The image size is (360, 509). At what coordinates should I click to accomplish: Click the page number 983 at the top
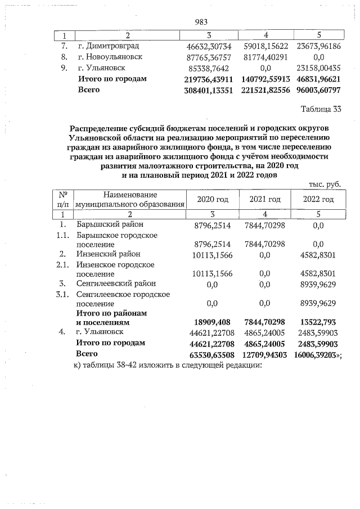pos(201,22)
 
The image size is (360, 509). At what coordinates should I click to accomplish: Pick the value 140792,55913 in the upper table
pos(263,79)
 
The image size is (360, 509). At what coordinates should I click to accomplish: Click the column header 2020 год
pos(212,200)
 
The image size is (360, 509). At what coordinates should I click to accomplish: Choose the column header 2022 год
pos(318,200)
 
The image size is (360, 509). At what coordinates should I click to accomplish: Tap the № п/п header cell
pos(66,199)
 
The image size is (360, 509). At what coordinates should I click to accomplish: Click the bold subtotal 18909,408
pos(212,323)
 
